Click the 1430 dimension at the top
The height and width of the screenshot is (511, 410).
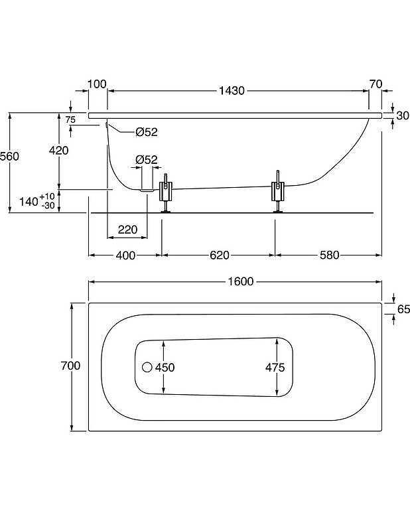(x=232, y=90)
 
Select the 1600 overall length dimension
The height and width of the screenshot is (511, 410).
(x=241, y=281)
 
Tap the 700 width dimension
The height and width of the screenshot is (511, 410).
(x=70, y=366)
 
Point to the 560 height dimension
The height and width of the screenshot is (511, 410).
(x=10, y=156)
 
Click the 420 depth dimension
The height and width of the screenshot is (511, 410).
(x=58, y=150)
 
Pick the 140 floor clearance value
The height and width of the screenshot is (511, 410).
(x=29, y=201)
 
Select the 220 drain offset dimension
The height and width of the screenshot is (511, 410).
(x=127, y=230)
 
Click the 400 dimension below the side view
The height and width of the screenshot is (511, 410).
(x=125, y=256)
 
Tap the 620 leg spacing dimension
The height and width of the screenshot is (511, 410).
(x=220, y=256)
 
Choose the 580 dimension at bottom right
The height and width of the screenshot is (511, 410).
(x=330, y=256)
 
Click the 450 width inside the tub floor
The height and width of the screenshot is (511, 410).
(x=165, y=367)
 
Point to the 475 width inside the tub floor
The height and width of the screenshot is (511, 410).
(x=275, y=367)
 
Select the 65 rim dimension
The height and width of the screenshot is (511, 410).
(x=403, y=309)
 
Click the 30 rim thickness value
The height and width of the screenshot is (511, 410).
(x=403, y=115)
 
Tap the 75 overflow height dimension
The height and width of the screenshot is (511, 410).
(x=70, y=119)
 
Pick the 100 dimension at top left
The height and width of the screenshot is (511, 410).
(x=97, y=84)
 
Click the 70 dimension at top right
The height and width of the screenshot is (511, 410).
(x=376, y=84)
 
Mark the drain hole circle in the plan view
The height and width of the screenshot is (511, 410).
(x=147, y=367)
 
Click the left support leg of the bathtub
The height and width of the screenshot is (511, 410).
(x=166, y=193)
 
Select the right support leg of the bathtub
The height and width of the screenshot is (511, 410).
(x=278, y=192)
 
